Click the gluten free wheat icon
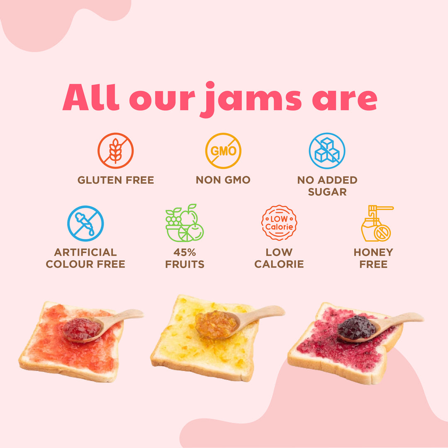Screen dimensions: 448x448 [115, 151]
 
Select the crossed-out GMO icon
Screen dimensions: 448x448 [223, 151]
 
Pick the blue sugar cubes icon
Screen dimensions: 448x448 [327, 151]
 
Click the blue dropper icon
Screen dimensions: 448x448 [85, 224]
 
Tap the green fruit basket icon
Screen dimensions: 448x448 [185, 223]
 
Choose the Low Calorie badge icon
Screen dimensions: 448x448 [279, 223]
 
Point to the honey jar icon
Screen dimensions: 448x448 [375, 224]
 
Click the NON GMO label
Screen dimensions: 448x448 [223, 180]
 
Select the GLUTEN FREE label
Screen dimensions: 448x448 [116, 180]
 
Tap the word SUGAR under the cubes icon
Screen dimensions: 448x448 [327, 192]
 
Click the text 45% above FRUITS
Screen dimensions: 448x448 [185, 252]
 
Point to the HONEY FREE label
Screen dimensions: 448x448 [373, 258]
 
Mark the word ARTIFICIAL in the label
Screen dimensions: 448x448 [85, 252]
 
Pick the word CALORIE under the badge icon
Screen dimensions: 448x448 [279, 264]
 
